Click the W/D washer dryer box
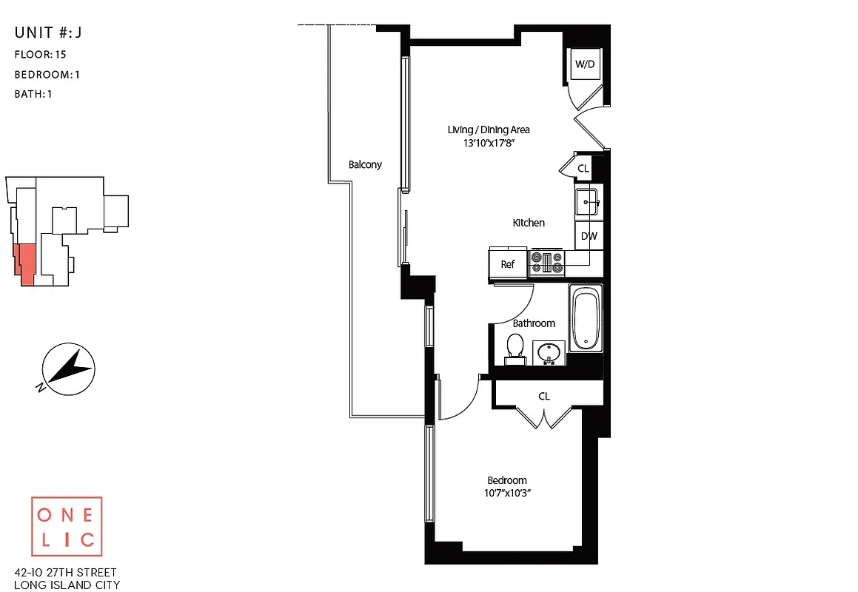point(585,64)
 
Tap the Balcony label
point(365,164)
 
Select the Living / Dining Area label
point(489,129)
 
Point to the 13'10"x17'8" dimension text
point(489,143)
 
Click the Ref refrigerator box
point(507,264)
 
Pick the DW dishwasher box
point(589,237)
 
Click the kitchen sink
point(588,201)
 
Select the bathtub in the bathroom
point(585,319)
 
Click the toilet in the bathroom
point(515,349)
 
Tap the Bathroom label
point(534,323)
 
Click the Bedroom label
point(507,480)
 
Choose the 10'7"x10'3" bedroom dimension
point(507,493)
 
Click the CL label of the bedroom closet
point(544,397)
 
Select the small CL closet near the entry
point(583,169)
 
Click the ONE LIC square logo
point(67,527)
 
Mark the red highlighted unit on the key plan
point(25,263)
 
